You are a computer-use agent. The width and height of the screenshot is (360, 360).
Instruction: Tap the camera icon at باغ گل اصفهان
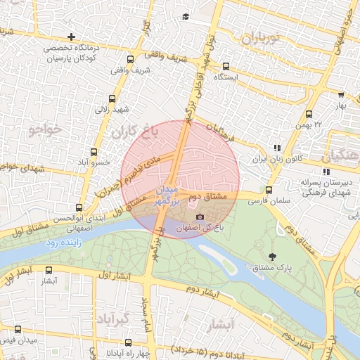200,217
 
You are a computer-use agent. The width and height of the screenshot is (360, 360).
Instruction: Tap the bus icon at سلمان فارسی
269,190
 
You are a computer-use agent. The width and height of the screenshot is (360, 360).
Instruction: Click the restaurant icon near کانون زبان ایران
277,148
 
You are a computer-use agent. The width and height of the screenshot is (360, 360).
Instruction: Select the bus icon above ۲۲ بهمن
309,114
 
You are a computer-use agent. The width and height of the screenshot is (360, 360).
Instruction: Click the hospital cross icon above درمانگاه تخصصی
71,37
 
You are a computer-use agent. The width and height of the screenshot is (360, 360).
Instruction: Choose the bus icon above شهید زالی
112,98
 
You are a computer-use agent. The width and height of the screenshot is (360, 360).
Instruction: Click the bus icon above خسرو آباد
94,151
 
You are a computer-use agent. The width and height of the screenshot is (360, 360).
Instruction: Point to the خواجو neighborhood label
47,129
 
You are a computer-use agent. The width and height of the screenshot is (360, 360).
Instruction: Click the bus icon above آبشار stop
48,270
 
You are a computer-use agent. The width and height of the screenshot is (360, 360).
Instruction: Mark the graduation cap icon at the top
185,17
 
